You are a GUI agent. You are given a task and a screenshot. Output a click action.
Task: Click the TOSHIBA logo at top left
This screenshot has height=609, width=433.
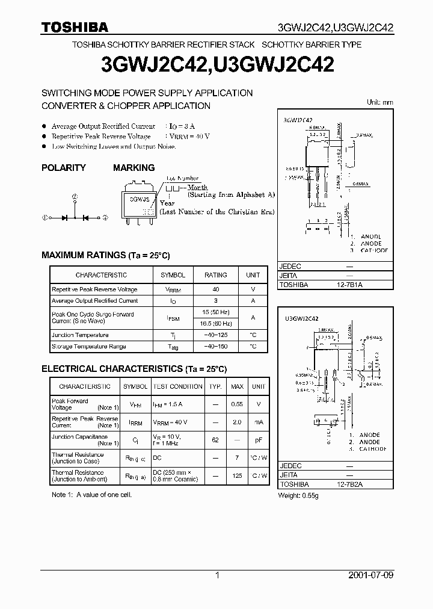coord(75,27)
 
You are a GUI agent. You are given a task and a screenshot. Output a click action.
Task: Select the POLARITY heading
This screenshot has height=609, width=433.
coord(64,168)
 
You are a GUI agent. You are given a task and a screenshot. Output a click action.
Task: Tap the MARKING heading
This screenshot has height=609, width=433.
coord(134,168)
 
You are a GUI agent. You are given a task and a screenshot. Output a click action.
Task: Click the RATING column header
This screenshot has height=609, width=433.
coord(216,275)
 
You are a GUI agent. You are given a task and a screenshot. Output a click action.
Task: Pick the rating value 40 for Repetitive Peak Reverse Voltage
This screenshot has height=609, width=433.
coord(216,289)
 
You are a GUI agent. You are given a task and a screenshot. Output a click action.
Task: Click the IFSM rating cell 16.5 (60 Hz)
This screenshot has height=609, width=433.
coord(216,323)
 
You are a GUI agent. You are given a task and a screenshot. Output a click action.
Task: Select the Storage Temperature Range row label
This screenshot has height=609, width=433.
coord(89,347)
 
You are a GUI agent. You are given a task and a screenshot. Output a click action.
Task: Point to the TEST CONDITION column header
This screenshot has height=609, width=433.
coord(178,386)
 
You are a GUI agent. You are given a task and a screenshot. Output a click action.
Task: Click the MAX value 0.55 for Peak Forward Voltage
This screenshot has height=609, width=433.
coord(238,404)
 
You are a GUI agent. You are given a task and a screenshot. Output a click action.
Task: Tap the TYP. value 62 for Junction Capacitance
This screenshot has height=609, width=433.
coord(215,440)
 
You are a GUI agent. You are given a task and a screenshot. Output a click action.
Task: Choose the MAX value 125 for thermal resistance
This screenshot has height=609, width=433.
coord(238,476)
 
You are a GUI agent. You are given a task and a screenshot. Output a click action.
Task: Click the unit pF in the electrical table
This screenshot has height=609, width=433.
coord(259,440)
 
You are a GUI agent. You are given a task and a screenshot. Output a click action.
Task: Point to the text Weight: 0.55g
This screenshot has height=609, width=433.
coord(298,495)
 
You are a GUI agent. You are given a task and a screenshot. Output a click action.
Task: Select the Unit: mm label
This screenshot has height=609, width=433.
coord(380,102)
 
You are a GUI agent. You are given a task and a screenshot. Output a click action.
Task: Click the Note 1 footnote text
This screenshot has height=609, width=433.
coord(91,495)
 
